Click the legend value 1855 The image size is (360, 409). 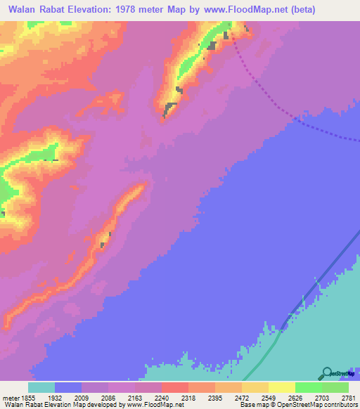tap(27, 397)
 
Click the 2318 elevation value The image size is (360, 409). tap(202, 397)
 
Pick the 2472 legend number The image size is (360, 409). tap(255, 397)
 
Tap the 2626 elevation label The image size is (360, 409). tap(309, 397)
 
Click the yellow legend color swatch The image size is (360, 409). tap(282, 387)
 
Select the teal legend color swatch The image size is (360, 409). tap(41, 387)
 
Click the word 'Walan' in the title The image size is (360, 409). tap(25, 10)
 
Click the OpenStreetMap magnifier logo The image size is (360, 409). tap(327, 373)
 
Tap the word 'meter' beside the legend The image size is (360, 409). tap(11, 397)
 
